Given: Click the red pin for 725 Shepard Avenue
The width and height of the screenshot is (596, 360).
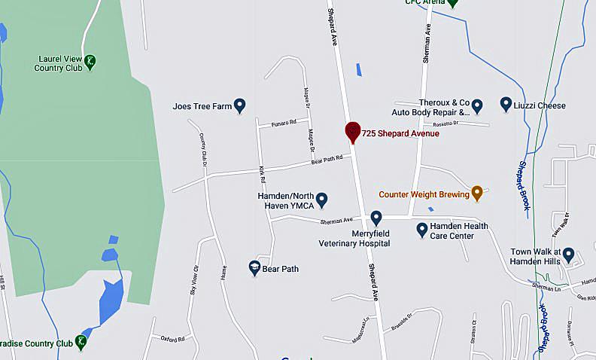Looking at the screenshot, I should coord(352,131).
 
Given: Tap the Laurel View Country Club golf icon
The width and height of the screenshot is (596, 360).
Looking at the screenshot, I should coord(90,62).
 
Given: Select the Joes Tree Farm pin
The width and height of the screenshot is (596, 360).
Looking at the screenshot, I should coord(240,105).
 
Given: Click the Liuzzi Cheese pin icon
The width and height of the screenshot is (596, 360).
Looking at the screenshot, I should coord(506,105).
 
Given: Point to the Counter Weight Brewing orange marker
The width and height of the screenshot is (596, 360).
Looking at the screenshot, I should coord(476,194).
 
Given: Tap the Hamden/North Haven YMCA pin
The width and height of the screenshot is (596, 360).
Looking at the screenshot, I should coord(321,200).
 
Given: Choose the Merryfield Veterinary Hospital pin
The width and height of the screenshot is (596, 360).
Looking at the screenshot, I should coord(376,218).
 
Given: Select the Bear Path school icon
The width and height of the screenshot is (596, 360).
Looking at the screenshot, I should coord(254,267).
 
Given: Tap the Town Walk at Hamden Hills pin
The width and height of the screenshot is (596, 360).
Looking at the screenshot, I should coord(568,255).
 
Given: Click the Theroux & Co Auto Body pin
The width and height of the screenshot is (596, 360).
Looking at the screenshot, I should coord(477,105).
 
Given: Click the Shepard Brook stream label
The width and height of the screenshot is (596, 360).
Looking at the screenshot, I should coord(525,185).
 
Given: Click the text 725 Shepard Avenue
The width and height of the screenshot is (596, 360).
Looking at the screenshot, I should coord(400,133).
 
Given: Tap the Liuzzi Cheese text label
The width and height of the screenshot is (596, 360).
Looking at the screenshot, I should coord(540,105).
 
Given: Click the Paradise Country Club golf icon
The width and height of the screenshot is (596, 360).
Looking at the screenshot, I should coord(81,343).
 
